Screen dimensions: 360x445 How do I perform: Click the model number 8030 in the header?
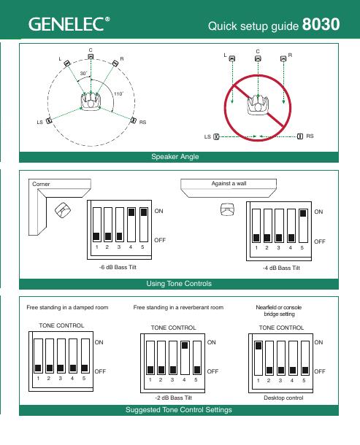click(321, 24)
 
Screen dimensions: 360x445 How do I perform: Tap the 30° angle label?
click(83, 74)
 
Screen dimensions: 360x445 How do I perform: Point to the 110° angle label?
click(119, 93)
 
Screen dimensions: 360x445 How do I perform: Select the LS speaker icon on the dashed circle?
click(49, 120)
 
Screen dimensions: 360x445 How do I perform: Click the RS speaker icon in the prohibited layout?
click(300, 136)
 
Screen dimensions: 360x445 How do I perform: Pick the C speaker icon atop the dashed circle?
click(91, 56)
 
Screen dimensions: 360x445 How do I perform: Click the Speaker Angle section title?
click(175, 157)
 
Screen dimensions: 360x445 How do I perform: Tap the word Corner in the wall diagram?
click(41, 184)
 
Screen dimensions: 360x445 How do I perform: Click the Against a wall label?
click(229, 183)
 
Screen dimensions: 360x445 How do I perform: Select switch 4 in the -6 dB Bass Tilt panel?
click(131, 225)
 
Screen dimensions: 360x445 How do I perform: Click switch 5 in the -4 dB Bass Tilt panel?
click(303, 225)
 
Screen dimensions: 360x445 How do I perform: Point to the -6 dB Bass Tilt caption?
click(118, 267)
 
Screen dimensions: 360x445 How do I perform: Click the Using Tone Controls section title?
click(179, 284)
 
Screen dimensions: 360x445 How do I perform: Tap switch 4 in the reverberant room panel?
click(185, 357)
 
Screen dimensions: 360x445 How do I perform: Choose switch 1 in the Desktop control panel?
click(258, 358)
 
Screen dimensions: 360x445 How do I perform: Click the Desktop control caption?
click(283, 398)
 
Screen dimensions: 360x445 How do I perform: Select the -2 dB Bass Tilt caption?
click(173, 398)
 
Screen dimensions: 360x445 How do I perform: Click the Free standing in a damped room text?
click(67, 307)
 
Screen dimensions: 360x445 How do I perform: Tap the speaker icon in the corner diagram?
click(63, 210)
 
